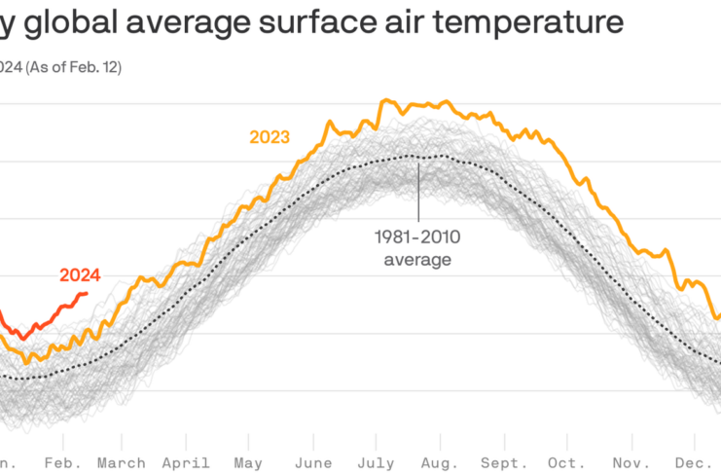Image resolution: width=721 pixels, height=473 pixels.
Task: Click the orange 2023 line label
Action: [270, 137]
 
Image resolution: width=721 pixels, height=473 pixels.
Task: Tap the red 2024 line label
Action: [80, 274]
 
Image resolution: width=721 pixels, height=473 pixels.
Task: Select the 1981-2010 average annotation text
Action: [418, 247]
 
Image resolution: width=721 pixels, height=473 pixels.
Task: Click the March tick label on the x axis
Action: [121, 462]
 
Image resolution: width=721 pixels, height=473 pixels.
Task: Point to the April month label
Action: [188, 462]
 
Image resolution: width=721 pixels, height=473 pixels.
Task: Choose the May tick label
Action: [248, 462]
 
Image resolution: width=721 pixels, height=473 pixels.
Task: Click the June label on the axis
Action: [313, 462]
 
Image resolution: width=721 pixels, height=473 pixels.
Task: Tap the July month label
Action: [376, 462]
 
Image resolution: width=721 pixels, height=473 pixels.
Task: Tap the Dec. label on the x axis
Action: [693, 462]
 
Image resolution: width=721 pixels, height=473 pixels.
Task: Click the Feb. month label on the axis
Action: [63, 462]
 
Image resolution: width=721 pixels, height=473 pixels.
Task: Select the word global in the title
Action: [68, 22]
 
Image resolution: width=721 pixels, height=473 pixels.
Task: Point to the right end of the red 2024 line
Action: [87, 293]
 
